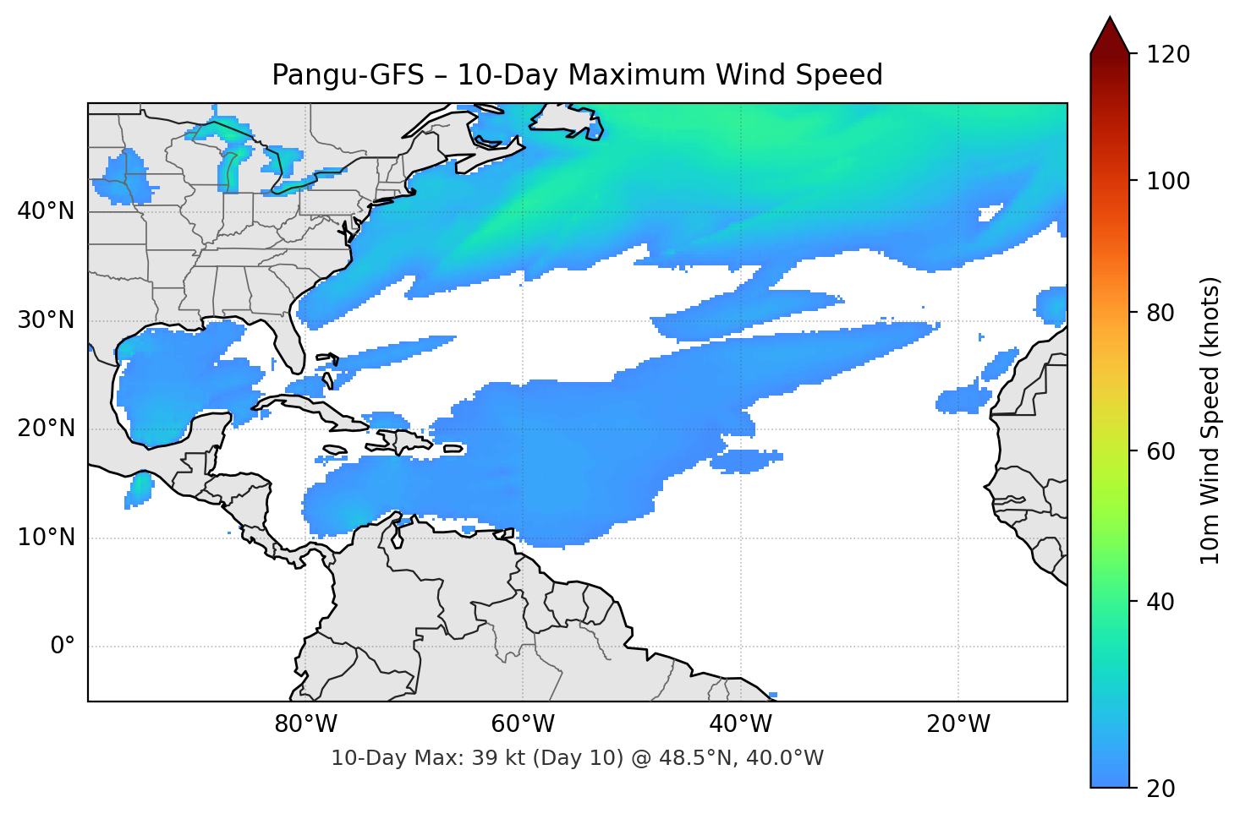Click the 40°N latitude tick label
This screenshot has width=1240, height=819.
click(x=46, y=211)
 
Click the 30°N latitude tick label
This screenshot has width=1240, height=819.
click(x=46, y=320)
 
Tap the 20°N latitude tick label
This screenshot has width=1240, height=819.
click(x=46, y=429)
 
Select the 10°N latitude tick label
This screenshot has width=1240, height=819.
click(x=46, y=538)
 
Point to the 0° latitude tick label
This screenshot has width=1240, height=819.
click(x=63, y=647)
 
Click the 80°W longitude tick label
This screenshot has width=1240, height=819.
click(x=305, y=724)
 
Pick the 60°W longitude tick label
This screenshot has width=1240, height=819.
click(x=523, y=724)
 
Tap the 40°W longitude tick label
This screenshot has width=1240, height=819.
click(x=740, y=724)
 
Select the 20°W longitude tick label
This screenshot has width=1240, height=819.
click(x=957, y=724)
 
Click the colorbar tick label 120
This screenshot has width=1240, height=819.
click(x=1168, y=55)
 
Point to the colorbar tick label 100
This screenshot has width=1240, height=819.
click(x=1168, y=181)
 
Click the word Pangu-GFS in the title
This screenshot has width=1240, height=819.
click(x=348, y=75)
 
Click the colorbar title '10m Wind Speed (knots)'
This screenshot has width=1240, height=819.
click(x=1210, y=420)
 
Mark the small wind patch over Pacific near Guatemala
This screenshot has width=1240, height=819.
click(x=139, y=489)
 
